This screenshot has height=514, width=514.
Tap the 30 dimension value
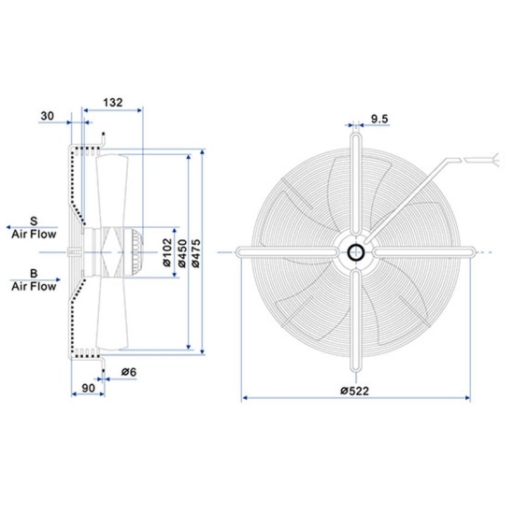coord(48,117)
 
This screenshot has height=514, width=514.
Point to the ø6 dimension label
coord(129,373)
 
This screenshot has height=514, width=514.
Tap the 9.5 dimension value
coord(379,119)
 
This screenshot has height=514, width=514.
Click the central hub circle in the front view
coord(357,251)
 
